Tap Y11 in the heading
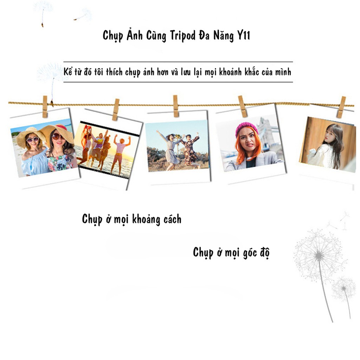tap(241, 36)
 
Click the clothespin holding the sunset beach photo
tap(116, 109)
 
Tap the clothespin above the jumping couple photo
tap(175, 106)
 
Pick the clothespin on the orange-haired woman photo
tap(243, 106)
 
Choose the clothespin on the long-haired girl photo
tap(341, 107)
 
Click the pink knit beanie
tap(246, 129)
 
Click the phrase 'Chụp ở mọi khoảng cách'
tap(132, 219)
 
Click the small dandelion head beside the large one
tap(343, 288)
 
